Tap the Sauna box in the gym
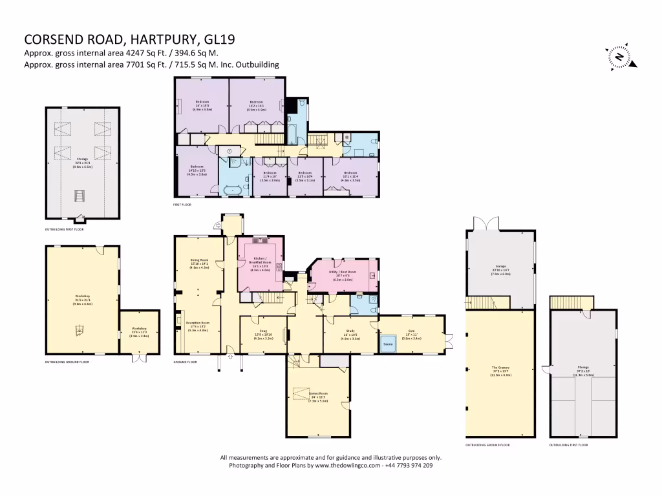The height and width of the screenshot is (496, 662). pos(388,344)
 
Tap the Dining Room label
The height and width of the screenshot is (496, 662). pos(199,262)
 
